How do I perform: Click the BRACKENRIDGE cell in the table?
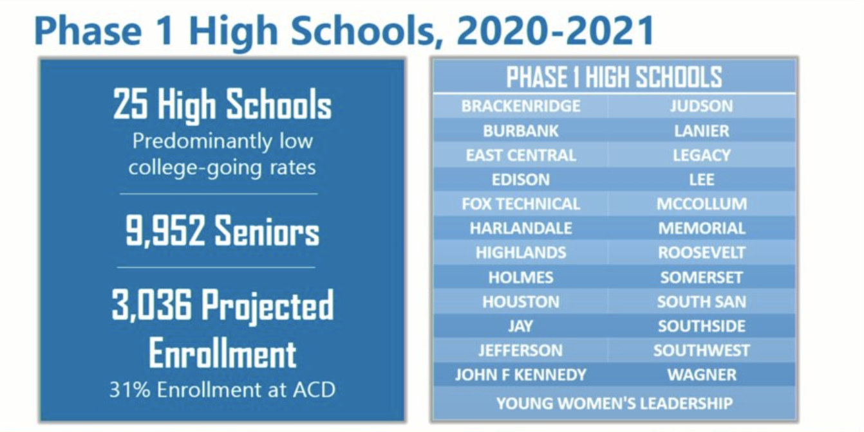pos(521,106)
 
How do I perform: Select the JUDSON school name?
pos(702,106)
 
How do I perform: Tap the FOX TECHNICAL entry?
pos(521,204)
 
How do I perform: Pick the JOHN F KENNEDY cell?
pos(521,375)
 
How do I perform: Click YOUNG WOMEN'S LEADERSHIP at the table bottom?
pos(614,404)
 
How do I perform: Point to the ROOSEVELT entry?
pos(702,253)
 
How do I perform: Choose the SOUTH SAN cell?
pos(702,302)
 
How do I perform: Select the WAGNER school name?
pos(702,375)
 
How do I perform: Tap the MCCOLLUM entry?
pos(702,204)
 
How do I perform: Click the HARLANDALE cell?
pos(521,228)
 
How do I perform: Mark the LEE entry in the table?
pos(702,180)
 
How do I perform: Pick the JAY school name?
pos(521,326)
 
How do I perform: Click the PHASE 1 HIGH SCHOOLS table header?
pos(614,77)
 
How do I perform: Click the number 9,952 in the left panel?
pos(165,231)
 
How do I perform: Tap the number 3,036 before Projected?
pos(151,305)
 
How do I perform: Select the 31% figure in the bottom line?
pos(129,390)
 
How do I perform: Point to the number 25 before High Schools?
pos(130,104)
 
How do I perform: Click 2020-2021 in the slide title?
pos(556,30)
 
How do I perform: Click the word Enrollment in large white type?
pos(223,354)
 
